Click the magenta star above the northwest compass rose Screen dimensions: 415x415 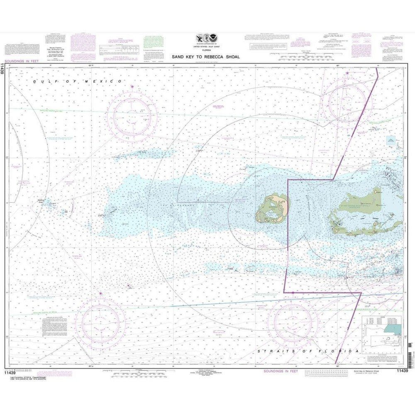[x=132, y=86]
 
